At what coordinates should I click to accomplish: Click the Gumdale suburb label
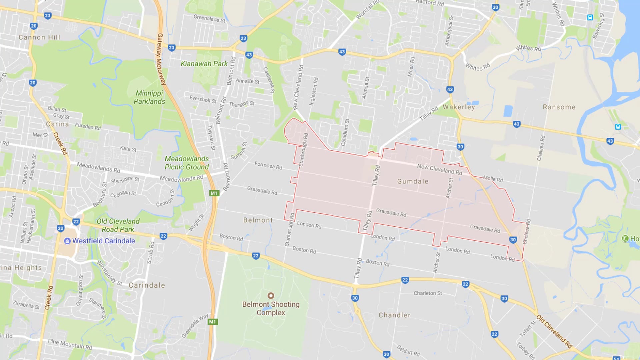click(x=412, y=181)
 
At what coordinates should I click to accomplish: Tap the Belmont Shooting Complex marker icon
click(x=271, y=296)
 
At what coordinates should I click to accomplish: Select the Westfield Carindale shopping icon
click(x=67, y=241)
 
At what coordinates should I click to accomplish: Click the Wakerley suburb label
click(x=459, y=107)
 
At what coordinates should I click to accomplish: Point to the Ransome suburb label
click(x=559, y=107)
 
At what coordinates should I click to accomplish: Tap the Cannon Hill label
click(x=39, y=37)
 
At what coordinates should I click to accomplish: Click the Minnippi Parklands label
click(x=149, y=97)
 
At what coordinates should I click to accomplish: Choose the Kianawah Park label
click(x=204, y=64)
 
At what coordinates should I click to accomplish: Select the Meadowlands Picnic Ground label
click(x=187, y=163)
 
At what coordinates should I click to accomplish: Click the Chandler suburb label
click(x=394, y=315)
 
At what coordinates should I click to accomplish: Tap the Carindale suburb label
click(x=147, y=285)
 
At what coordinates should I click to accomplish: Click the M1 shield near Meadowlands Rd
click(x=214, y=193)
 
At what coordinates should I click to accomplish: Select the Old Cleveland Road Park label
click(x=118, y=225)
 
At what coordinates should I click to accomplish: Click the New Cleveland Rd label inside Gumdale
click(x=440, y=169)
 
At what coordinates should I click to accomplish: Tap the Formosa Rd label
click(x=268, y=165)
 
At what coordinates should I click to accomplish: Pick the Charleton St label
click(x=428, y=293)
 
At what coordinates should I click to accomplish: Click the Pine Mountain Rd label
click(x=70, y=344)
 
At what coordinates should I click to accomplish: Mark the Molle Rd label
click(x=493, y=179)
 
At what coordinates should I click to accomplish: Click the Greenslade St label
click(x=209, y=18)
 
